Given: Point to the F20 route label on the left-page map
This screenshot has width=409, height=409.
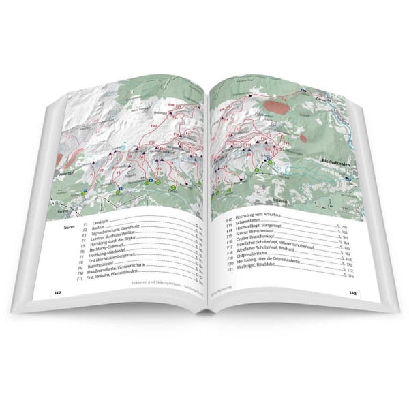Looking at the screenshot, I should [153, 127].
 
